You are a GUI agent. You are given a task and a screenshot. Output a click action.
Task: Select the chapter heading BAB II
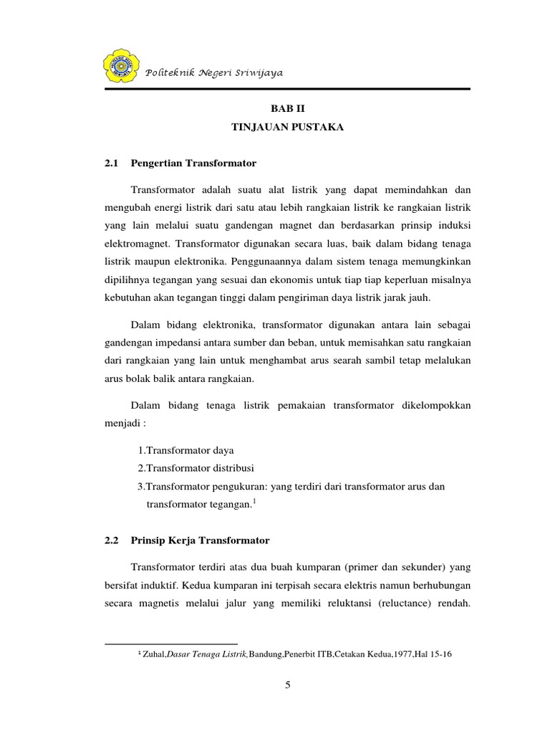click(287, 108)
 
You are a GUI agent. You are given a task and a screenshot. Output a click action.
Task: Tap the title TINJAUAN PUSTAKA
click(287, 128)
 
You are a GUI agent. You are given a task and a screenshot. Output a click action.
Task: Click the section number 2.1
click(110, 163)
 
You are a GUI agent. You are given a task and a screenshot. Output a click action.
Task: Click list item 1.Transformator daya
click(185, 450)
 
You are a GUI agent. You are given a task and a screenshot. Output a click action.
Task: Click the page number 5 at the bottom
click(288, 685)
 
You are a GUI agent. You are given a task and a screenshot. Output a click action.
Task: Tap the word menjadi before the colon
click(122, 424)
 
